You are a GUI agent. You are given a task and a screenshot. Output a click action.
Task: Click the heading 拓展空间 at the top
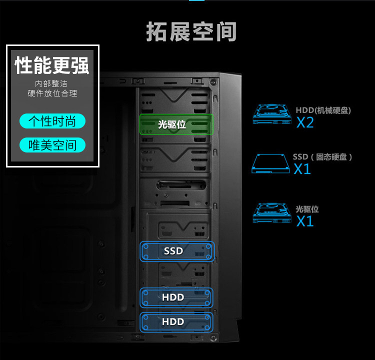pos(191,31)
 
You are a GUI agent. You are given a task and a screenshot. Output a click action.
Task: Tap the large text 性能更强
pos(52,65)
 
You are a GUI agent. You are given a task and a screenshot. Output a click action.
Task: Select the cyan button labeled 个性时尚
pos(52,121)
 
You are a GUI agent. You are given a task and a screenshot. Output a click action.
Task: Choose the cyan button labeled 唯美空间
pos(52,145)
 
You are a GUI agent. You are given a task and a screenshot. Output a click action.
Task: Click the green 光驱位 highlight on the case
pos(176,124)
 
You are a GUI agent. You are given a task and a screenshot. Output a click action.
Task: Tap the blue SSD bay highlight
pos(177,251)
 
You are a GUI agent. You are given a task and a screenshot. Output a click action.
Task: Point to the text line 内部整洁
pos(51,83)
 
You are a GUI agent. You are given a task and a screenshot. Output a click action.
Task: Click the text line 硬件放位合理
pos(52,93)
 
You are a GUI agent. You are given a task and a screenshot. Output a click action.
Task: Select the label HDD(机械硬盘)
pos(323,110)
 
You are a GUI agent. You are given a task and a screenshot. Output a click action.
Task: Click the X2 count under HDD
pos(305,122)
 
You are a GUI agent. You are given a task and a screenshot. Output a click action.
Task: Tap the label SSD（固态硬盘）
pos(322,157)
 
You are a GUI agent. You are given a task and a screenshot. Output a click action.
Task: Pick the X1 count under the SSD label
pos(302,169)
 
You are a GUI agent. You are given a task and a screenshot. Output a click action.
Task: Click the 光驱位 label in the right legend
pos(307,209)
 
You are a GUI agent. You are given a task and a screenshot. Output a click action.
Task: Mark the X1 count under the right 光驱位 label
pos(305,221)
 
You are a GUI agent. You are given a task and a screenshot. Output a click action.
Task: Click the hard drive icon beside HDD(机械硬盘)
pos(272,114)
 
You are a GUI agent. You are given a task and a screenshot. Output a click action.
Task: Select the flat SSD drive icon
pos(270,163)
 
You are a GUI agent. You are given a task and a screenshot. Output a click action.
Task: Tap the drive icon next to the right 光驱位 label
pos(272,213)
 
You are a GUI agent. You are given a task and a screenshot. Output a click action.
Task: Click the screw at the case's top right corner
pos(213,82)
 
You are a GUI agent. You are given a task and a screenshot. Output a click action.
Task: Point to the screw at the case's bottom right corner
pos(213,338)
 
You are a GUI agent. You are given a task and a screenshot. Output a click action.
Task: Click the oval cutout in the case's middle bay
pos(181,185)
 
